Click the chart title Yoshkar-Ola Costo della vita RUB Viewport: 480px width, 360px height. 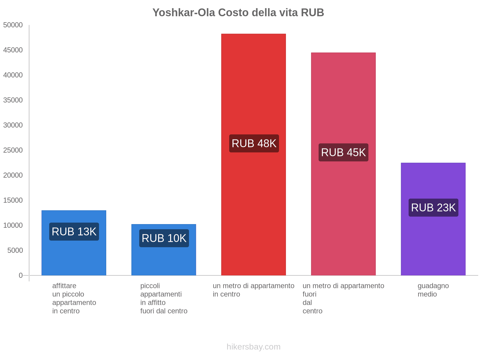(x=238, y=13)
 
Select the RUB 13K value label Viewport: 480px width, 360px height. (x=74, y=232)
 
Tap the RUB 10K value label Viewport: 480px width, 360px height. (x=164, y=238)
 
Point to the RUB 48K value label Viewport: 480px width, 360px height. (x=254, y=143)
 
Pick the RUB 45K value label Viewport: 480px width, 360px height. (x=343, y=152)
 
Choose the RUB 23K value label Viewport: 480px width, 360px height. (x=433, y=208)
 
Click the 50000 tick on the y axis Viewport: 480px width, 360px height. (x=13, y=25)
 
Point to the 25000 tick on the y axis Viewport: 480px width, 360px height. (x=13, y=150)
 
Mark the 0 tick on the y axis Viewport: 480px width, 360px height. (x=21, y=275)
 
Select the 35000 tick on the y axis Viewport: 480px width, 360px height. (x=13, y=100)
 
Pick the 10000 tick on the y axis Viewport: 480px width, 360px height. (x=13, y=225)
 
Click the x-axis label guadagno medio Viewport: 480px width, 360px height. (x=433, y=290)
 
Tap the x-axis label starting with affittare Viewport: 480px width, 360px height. (x=74, y=298)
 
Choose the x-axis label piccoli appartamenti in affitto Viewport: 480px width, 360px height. (x=164, y=298)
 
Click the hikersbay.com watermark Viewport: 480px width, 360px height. (x=253, y=347)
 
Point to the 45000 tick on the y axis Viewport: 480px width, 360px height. (x=13, y=50)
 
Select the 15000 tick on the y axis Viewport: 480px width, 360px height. (x=13, y=200)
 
